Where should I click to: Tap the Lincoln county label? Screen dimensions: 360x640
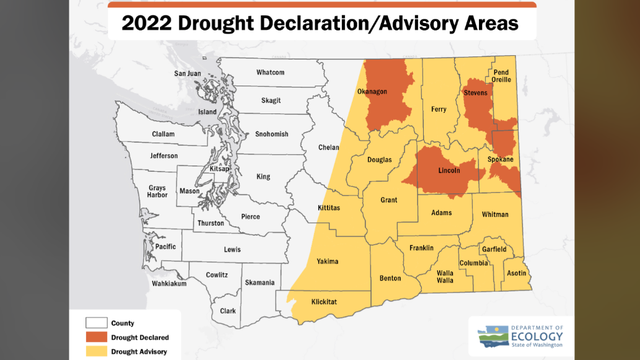[x=449, y=170]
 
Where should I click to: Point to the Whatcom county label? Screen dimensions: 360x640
[x=270, y=72]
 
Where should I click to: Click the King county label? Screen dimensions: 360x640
[x=263, y=177]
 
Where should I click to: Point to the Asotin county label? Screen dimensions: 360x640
[x=517, y=272]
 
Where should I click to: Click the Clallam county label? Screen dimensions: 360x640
[x=163, y=134]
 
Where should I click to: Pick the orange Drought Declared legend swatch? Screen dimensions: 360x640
[x=96, y=338]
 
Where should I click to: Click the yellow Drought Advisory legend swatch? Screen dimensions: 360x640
[x=96, y=352]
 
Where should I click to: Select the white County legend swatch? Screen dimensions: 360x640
[x=96, y=323]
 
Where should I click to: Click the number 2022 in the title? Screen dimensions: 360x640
[x=150, y=23]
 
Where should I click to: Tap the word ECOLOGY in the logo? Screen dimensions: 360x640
[x=536, y=337]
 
